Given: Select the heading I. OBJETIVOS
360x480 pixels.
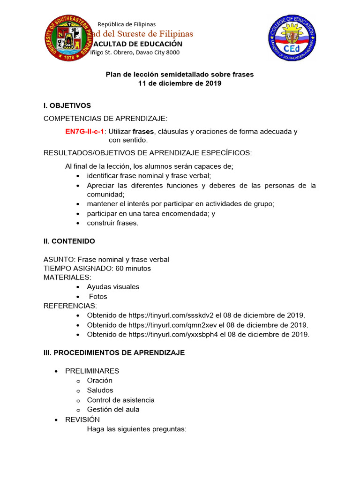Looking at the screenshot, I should click(x=67, y=105).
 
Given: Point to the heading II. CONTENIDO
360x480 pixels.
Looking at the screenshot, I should click(x=69, y=241).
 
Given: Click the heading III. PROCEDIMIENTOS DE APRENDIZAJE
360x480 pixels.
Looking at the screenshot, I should click(x=114, y=352).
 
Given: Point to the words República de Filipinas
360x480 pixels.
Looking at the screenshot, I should click(x=127, y=24).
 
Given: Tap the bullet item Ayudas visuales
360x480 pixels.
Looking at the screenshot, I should click(x=113, y=286).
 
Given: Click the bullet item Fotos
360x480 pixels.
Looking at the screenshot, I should click(x=98, y=296).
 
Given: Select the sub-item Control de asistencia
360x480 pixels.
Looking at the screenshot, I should click(x=120, y=400).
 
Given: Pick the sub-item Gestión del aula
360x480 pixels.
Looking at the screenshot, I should click(x=113, y=409).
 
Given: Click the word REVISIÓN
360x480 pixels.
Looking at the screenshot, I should click(x=82, y=419).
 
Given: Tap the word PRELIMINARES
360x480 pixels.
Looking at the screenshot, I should click(x=92, y=371).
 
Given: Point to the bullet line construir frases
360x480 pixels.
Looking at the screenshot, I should click(x=112, y=223).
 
